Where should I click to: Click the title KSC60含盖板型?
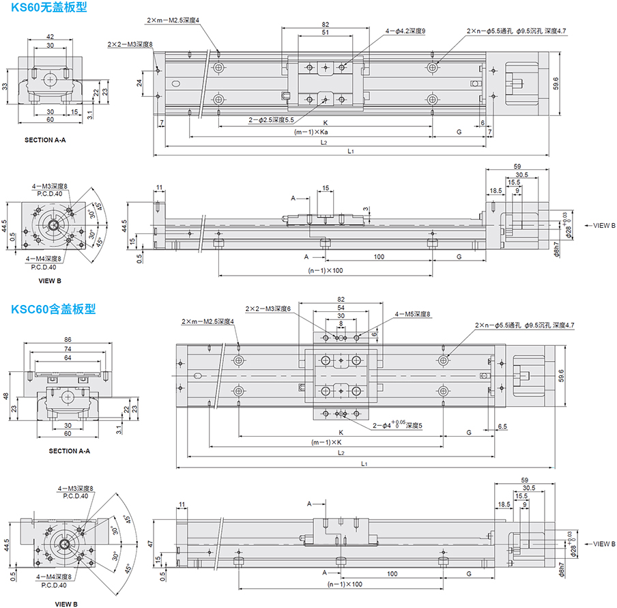tap(53, 308)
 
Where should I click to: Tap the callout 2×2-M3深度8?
tap(130, 44)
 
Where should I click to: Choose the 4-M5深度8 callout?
tap(413, 314)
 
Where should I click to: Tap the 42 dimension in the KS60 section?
tap(51, 36)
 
